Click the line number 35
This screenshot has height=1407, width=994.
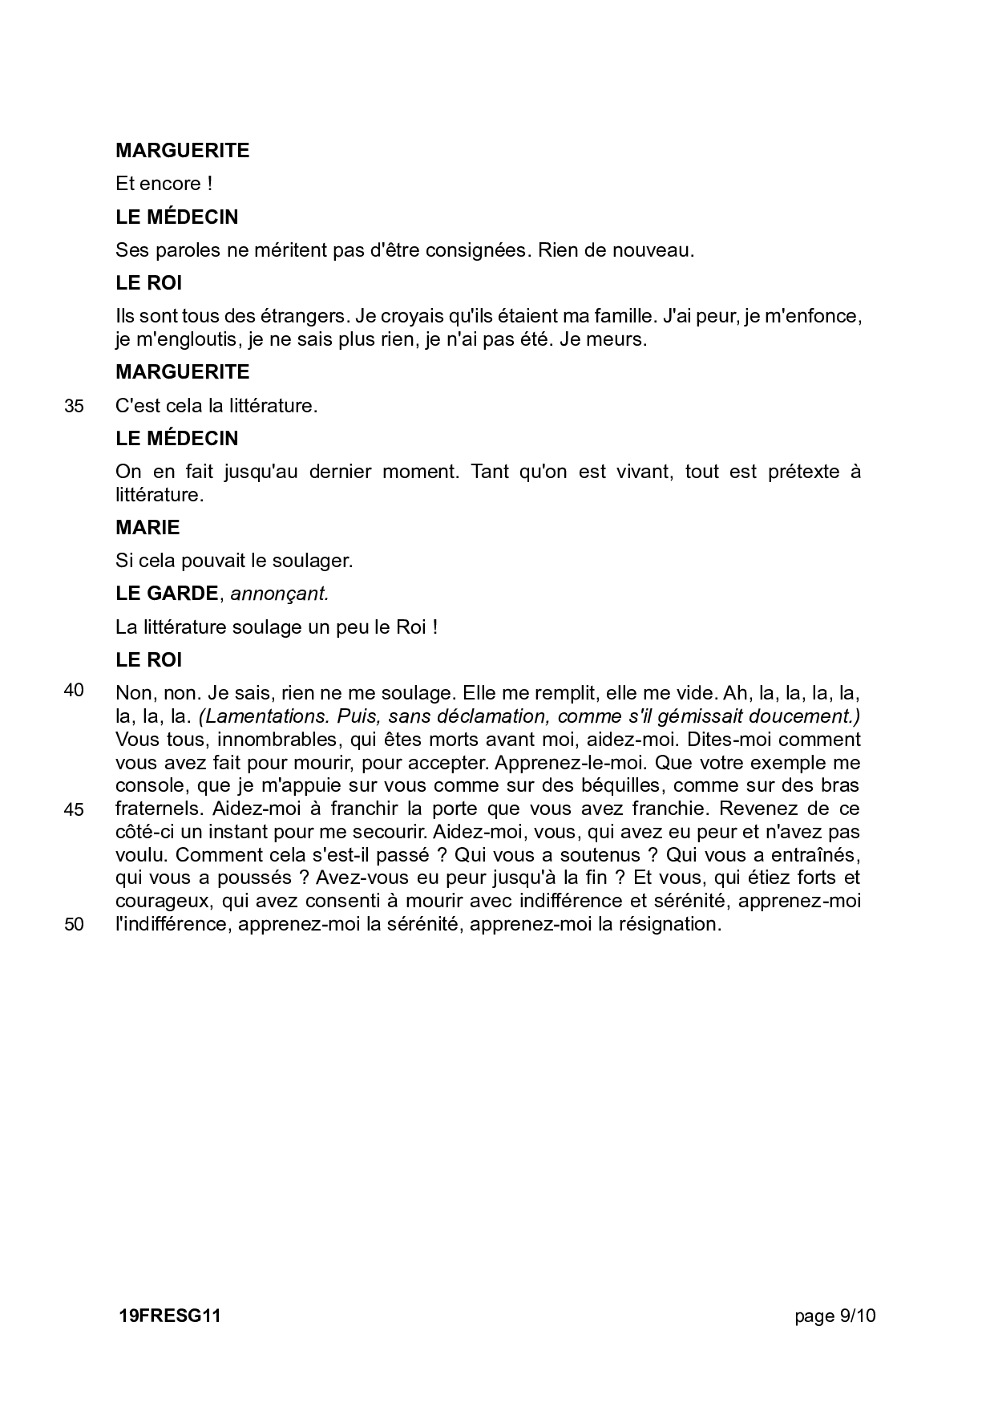74,406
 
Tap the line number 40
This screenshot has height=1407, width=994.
74,691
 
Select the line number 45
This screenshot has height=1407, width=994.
74,809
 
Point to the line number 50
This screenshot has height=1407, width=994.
74,924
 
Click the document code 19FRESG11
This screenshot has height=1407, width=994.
169,1316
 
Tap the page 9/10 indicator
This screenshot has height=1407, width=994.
835,1316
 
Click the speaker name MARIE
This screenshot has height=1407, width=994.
147,527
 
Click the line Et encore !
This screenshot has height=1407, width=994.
164,184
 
